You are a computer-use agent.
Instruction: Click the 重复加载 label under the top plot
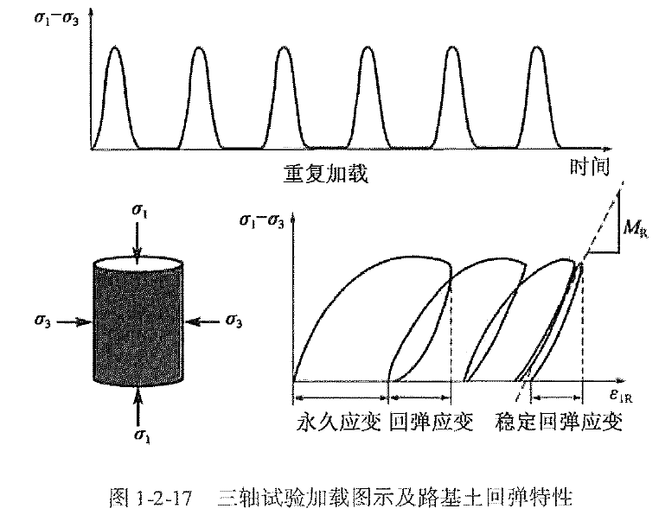[325, 174]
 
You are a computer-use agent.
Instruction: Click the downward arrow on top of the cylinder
[138, 238]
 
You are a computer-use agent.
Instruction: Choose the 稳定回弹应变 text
[559, 422]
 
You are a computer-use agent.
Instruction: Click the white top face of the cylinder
[138, 262]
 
